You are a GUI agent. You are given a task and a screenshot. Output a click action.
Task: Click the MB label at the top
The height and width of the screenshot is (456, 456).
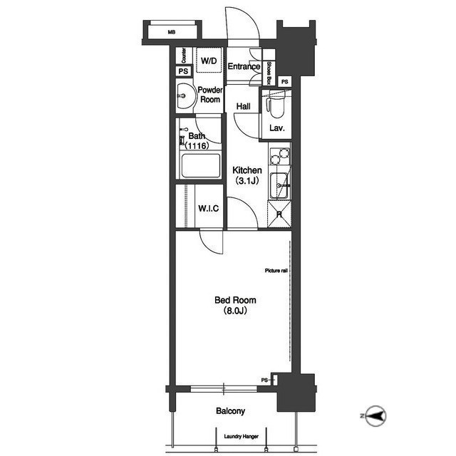click(x=172, y=32)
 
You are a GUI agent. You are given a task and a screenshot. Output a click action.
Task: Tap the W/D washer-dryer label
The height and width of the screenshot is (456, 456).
click(x=209, y=61)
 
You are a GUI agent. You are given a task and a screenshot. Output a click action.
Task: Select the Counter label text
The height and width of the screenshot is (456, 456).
click(x=184, y=56)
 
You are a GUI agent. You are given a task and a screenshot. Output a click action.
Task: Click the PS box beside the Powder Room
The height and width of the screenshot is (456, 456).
click(x=184, y=71)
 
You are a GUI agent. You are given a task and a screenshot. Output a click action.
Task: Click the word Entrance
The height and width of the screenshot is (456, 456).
click(x=244, y=66)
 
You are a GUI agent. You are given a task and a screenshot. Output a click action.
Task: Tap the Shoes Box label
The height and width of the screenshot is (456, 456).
click(x=269, y=73)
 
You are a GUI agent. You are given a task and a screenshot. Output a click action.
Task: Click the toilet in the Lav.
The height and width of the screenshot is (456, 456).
click(x=274, y=105)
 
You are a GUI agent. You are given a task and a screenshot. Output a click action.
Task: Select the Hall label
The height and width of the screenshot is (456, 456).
click(x=244, y=106)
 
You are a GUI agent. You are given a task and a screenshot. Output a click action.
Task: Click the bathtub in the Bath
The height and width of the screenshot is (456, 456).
click(x=201, y=166)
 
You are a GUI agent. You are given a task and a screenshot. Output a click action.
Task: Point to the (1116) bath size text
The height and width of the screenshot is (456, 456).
click(x=197, y=145)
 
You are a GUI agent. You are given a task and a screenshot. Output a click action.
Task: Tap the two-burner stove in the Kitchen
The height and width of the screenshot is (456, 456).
click(x=280, y=157)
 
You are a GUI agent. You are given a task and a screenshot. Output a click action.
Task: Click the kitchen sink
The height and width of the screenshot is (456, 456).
click(x=280, y=186)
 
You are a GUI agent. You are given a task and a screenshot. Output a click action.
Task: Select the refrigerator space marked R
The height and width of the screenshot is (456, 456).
click(x=279, y=214)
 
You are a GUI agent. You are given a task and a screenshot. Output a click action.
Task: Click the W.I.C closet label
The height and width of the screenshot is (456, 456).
click(x=209, y=209)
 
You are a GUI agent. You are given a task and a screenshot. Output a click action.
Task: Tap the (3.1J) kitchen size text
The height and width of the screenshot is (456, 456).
click(x=247, y=181)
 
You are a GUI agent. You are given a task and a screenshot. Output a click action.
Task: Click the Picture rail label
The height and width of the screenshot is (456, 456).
click(x=276, y=271)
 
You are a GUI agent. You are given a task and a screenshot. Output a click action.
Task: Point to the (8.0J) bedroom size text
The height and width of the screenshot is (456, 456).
click(x=235, y=311)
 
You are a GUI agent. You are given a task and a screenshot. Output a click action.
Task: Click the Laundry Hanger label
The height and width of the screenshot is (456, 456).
click(x=242, y=437)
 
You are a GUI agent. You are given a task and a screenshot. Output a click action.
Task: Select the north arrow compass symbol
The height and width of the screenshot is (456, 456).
click(x=375, y=416)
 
